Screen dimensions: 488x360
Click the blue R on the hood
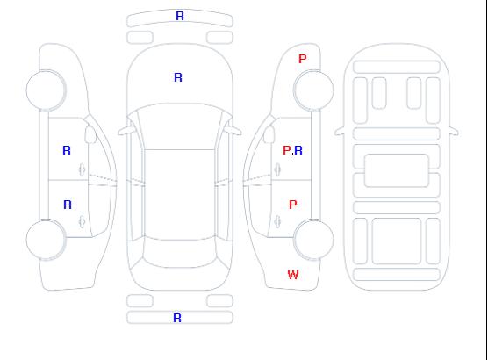coord(178,77)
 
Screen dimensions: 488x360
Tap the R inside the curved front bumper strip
coord(180,16)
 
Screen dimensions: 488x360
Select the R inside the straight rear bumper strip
coord(177,318)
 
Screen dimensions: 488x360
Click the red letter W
coord(293,275)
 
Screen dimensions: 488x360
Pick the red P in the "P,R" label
coord(286,150)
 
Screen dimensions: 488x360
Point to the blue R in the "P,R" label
coord(298,150)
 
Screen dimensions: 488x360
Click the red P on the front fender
coord(303,59)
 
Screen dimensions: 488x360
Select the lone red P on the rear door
coord(293,205)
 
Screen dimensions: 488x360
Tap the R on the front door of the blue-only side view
coord(67,150)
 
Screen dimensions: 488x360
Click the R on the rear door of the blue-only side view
coord(68,205)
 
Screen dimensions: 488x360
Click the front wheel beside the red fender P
coord(313,90)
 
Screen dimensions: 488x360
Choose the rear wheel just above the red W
coord(313,239)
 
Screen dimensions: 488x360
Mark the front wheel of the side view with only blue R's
coord(46,90)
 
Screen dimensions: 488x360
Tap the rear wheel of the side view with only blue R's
coord(46,239)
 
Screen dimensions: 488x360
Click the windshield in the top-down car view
coord(180,126)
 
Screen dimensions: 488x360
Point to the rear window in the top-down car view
coord(180,253)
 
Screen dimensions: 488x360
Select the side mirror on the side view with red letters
coord(269,134)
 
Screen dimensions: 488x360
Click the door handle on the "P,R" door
coord(277,169)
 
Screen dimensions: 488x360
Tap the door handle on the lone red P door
coord(277,222)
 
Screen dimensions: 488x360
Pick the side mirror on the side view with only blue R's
coord(90,134)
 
